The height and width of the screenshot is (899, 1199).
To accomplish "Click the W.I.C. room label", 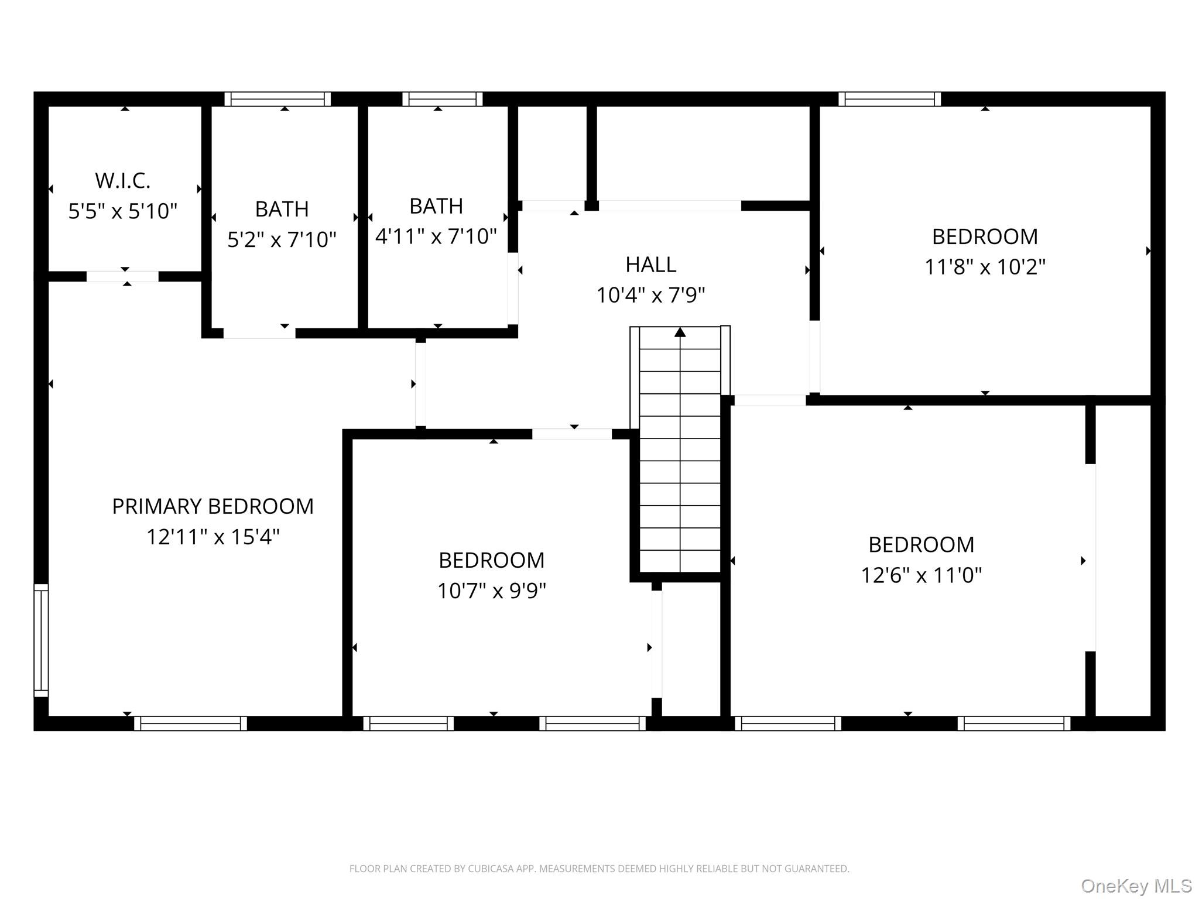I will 122,181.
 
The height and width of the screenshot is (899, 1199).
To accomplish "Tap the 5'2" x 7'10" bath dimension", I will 282,239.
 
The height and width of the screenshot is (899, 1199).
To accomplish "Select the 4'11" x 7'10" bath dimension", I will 436,236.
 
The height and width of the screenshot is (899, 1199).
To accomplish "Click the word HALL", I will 650,265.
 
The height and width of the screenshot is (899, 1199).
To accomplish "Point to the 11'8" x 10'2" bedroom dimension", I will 985,267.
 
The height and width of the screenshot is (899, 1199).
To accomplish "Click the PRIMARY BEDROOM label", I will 213,506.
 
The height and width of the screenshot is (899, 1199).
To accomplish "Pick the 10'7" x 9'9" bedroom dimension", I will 492,591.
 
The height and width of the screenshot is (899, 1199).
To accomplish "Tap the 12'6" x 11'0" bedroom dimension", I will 921,575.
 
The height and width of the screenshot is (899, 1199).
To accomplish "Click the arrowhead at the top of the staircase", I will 680,332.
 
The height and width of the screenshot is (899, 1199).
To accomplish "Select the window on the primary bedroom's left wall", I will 41,640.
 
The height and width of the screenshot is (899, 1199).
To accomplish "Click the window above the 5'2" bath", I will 278,99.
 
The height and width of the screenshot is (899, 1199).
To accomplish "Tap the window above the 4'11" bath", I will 443,99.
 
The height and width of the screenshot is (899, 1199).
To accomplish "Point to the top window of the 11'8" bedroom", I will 889,99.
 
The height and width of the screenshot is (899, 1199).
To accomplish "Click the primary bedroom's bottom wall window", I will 190,723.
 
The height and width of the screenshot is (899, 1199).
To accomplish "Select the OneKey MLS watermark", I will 1136,886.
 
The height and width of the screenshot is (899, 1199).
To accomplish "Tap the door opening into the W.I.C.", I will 122,276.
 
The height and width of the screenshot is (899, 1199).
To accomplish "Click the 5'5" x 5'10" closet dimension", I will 122,211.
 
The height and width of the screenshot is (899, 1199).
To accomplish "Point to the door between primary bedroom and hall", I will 420,385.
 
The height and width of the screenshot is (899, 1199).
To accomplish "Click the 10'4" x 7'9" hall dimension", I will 650,295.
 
